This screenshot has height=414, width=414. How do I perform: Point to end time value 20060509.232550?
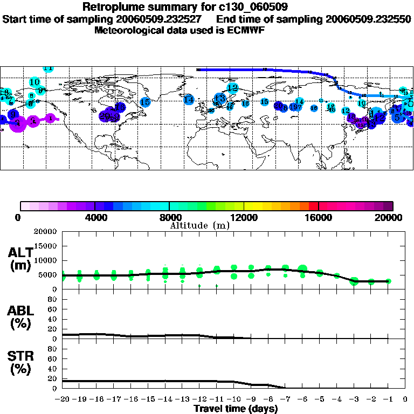tap(368, 19)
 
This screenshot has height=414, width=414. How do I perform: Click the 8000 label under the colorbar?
tap(170, 217)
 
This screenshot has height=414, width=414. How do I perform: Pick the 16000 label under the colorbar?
tap(319, 217)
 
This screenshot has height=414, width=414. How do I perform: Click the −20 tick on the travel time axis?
tap(63, 399)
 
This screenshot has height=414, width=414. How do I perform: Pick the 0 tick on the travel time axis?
tap(405, 399)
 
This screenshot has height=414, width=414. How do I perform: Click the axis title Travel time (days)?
tap(236, 409)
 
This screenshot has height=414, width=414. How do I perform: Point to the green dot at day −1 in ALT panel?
tap(388, 281)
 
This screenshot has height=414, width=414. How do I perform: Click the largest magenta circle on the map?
tap(18, 123)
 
